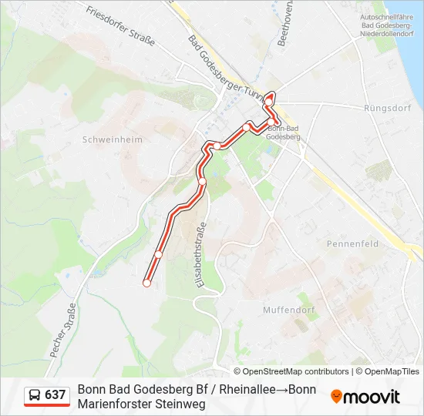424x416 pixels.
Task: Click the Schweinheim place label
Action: (x=102, y=140)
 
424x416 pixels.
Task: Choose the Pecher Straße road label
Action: (x=63, y=331)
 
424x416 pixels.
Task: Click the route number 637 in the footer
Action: (x=56, y=395)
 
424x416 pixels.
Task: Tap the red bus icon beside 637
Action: (x=35, y=396)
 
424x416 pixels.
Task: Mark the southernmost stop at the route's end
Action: (x=146, y=283)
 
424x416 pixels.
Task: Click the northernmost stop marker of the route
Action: (x=268, y=99)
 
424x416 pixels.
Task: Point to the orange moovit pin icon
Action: (x=336, y=397)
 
